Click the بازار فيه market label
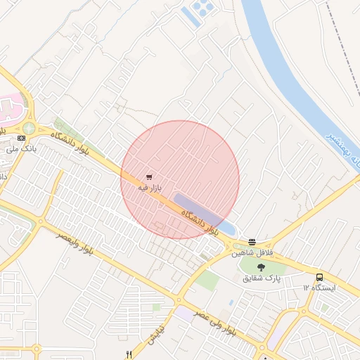coord(149,188)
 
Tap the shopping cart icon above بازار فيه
coord(149,177)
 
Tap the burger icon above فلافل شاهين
coord(252,242)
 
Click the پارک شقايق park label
coord(262,278)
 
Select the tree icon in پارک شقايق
coord(262,267)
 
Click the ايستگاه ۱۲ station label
coord(320,288)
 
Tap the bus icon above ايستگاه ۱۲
coord(320,277)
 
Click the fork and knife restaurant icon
coord(128,354)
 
